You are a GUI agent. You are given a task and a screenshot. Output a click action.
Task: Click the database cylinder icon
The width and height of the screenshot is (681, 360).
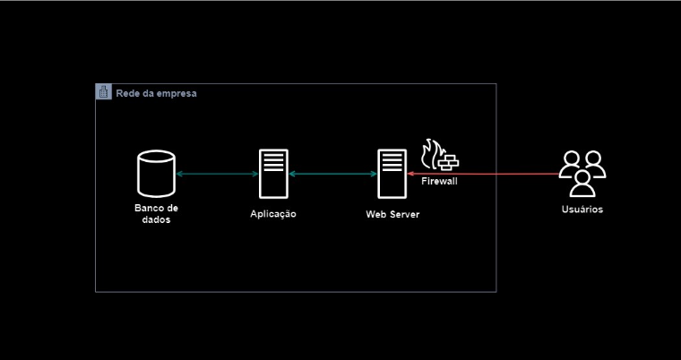click(156, 174)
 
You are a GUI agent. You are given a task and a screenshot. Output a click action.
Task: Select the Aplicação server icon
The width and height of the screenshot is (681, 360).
click(273, 174)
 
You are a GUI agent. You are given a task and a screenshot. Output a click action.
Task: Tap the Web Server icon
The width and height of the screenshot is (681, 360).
click(392, 174)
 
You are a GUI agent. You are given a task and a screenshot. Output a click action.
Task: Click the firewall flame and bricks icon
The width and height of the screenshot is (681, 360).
click(440, 155)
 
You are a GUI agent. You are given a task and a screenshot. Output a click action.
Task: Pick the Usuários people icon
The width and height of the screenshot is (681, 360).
click(582, 174)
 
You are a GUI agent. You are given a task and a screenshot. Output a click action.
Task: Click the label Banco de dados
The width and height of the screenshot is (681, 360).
click(156, 214)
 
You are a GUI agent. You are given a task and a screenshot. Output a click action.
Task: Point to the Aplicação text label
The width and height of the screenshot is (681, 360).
click(273, 214)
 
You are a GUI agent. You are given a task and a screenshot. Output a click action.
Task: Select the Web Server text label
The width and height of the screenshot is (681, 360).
click(392, 214)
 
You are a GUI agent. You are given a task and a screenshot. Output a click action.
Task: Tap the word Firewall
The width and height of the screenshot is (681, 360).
click(439, 181)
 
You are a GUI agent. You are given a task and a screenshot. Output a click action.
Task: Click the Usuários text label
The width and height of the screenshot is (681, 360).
click(582, 210)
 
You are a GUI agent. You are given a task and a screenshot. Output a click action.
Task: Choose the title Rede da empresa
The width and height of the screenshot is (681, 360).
click(156, 93)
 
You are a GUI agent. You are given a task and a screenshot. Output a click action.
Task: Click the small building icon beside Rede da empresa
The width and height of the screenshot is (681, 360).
click(103, 91)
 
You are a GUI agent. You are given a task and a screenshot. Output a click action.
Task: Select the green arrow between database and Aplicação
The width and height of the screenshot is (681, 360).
click(217, 174)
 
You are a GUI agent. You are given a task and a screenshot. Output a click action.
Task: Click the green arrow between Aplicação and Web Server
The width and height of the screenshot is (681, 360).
click(332, 174)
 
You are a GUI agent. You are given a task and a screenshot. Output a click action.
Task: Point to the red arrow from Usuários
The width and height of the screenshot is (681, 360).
click(483, 174)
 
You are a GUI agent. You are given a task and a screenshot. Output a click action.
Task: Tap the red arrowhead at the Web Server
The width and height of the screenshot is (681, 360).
click(409, 174)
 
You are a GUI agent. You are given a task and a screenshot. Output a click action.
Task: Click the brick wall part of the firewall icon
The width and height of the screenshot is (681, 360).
click(448, 162)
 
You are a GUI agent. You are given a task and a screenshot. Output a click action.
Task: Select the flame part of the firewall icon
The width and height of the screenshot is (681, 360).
click(431, 154)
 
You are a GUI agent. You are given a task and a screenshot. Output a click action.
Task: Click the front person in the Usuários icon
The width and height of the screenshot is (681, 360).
click(582, 184)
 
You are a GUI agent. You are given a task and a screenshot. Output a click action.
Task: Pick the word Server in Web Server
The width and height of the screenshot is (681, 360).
click(404, 214)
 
